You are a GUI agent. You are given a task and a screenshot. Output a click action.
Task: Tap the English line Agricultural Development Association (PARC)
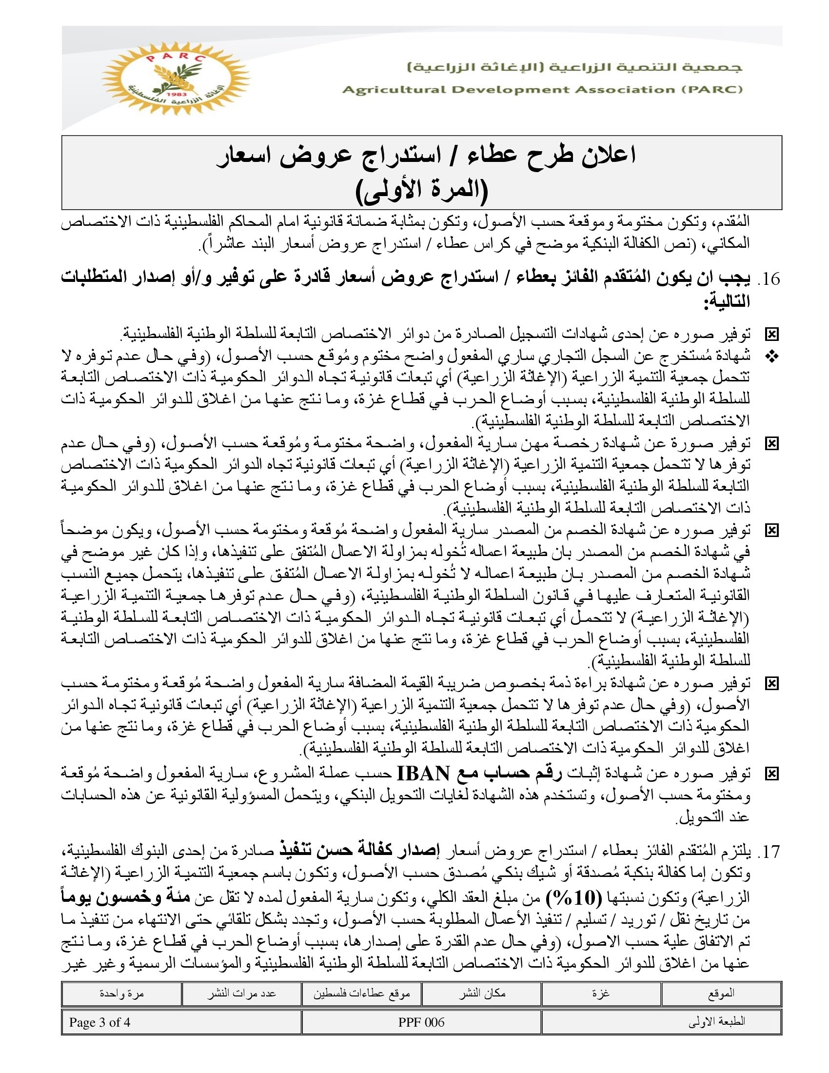point(542,89)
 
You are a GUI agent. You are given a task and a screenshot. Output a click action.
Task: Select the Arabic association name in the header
point(575,67)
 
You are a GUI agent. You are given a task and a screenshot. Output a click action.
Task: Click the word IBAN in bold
point(423,774)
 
